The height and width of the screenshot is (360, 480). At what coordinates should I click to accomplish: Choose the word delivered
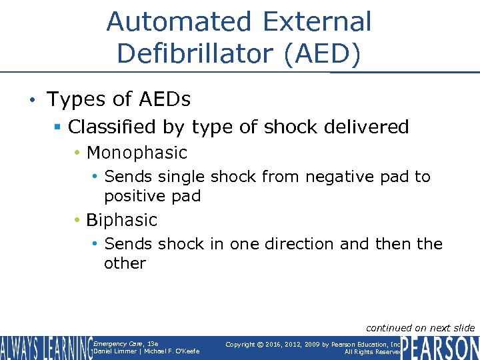[365, 127]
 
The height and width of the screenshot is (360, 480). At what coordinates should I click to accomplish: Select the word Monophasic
[137, 153]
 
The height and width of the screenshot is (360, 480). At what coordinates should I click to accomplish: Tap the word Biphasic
[122, 220]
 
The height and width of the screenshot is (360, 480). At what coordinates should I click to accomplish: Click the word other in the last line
[125, 263]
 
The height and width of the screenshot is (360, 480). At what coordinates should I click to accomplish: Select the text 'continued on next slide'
[420, 327]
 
